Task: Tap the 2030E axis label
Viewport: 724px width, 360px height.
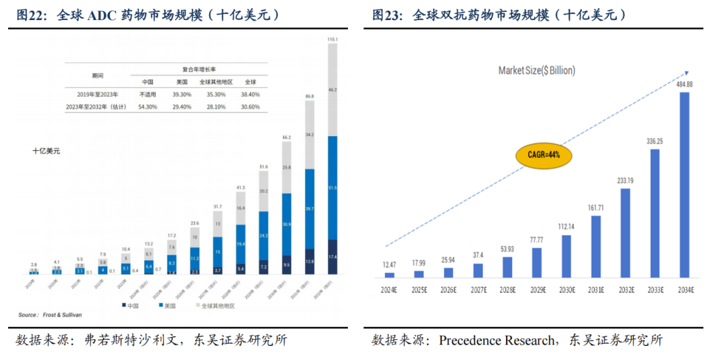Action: click(x=566, y=289)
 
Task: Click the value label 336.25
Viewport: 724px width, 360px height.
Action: click(x=655, y=141)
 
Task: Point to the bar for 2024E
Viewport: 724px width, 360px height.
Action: click(x=389, y=275)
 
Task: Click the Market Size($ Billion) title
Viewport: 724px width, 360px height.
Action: click(x=536, y=70)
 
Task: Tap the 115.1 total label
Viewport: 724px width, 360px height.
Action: click(x=333, y=40)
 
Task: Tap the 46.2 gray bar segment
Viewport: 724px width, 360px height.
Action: click(x=333, y=90)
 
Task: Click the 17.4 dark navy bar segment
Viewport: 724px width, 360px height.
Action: click(x=333, y=257)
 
